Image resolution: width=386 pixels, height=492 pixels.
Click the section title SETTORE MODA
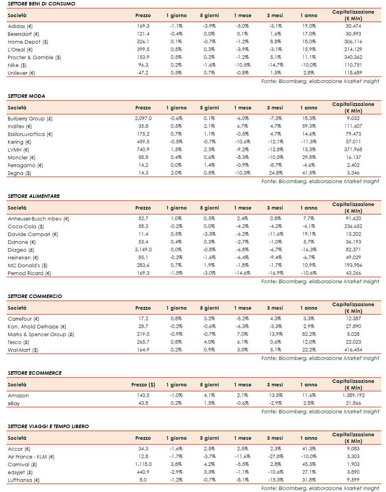[x=27, y=96]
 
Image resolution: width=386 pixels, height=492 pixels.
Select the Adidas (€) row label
[x=20, y=26]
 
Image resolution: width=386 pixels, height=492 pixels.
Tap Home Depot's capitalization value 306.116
[x=353, y=42]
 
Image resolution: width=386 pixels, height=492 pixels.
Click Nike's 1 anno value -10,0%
[x=309, y=65]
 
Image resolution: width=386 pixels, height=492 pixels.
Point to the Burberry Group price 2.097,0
[x=143, y=118]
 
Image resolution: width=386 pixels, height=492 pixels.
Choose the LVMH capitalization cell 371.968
[x=353, y=150]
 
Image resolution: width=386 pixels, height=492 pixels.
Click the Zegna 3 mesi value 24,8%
[x=276, y=173]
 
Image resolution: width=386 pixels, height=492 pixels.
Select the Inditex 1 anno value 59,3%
[x=309, y=126]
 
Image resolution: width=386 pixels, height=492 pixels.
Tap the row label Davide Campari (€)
[x=33, y=234]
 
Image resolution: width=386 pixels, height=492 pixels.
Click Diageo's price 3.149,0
[x=143, y=250]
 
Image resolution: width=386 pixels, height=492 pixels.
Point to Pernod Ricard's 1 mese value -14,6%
[x=243, y=273]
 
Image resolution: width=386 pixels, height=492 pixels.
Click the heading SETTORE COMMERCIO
[x=35, y=296]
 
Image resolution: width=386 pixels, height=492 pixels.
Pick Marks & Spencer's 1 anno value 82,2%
[x=309, y=334]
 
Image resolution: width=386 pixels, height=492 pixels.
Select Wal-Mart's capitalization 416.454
[x=353, y=350]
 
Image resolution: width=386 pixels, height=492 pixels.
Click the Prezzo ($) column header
[x=143, y=384]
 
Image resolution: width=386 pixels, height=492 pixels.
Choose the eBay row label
[x=14, y=403]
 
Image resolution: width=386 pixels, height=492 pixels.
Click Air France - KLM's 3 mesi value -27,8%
[x=276, y=457]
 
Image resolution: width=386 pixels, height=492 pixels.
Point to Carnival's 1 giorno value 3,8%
[x=176, y=464]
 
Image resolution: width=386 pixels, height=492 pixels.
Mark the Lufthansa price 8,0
[x=143, y=480]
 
